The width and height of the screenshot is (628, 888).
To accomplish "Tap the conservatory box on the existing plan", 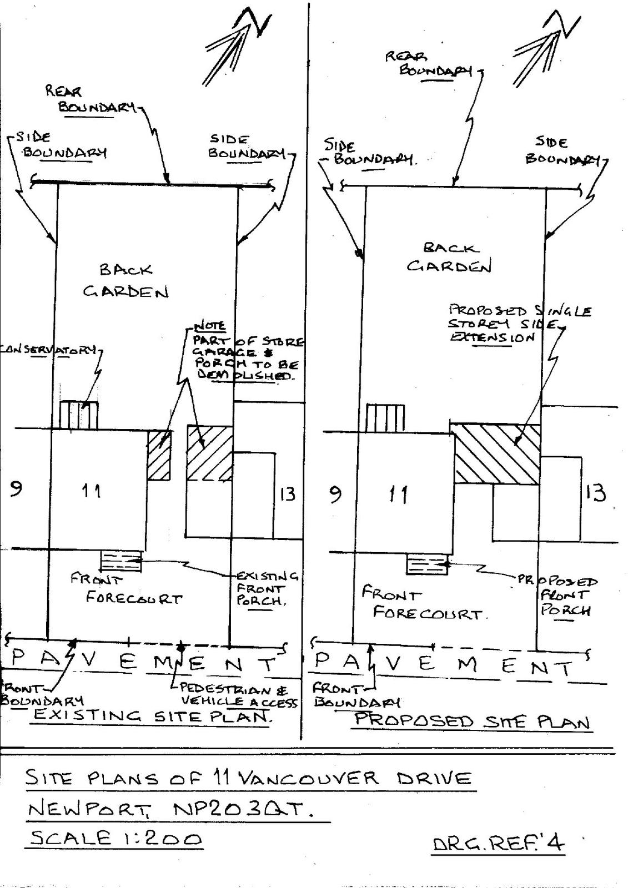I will click(x=78, y=415).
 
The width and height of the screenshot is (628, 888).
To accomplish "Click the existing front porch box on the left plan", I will click(x=120, y=561).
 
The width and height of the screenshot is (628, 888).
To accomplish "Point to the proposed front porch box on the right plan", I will click(x=427, y=565).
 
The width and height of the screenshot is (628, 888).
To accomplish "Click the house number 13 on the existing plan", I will click(x=287, y=494).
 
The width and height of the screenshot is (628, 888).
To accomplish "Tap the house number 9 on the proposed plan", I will click(x=335, y=493).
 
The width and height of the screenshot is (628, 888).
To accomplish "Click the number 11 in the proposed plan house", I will click(x=399, y=493).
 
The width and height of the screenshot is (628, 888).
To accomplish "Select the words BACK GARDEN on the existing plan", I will click(x=126, y=281).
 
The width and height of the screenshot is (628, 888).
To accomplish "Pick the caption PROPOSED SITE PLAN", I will click(x=471, y=721).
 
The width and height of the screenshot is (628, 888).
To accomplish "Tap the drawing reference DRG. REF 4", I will click(x=498, y=844).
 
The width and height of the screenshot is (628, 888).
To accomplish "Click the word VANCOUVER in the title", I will click(x=308, y=778).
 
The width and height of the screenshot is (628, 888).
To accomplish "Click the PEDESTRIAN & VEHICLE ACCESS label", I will click(x=235, y=696).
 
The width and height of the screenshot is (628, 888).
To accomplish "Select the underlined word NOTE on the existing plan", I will click(x=209, y=326).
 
